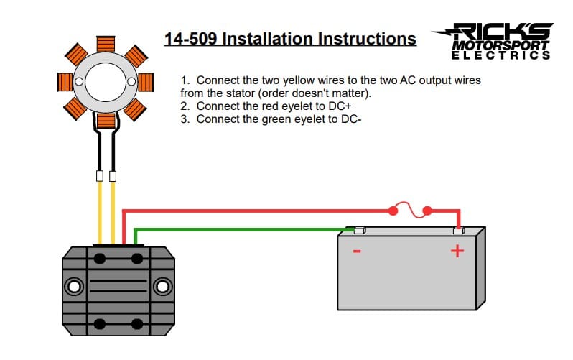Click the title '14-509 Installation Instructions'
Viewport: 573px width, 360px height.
click(x=290, y=38)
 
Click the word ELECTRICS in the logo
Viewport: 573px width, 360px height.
click(x=501, y=55)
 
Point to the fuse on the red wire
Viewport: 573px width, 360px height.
click(x=410, y=211)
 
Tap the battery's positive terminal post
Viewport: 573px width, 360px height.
click(x=458, y=231)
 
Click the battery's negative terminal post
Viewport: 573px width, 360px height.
click(x=360, y=231)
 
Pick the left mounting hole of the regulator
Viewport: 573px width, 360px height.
click(x=73, y=287)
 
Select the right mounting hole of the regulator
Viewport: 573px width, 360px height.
click(x=164, y=287)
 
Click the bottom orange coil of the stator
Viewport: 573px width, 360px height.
click(x=106, y=121)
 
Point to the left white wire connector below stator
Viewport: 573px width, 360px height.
click(x=100, y=175)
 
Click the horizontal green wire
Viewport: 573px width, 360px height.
click(x=237, y=230)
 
